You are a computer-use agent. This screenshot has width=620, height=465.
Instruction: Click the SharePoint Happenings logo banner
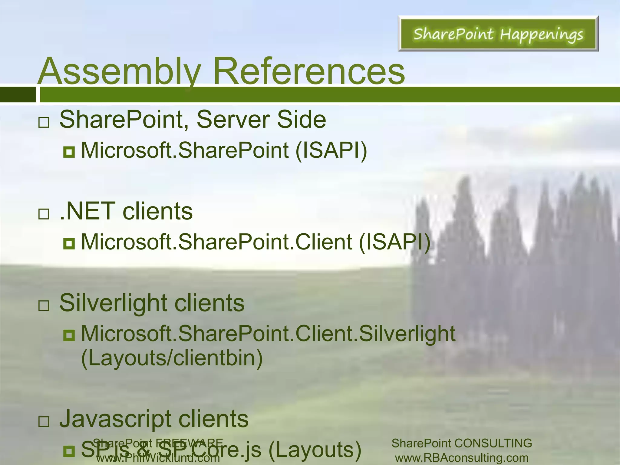[498, 34]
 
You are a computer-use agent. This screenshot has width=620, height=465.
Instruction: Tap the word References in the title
[309, 71]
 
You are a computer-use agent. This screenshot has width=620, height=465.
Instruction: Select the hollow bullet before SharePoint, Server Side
[44, 122]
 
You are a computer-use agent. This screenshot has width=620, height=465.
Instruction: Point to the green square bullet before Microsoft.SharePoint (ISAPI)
[69, 152]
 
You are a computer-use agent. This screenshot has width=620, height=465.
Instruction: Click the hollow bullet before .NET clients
[44, 214]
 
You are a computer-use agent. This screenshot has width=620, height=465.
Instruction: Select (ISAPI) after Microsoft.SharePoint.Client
[394, 242]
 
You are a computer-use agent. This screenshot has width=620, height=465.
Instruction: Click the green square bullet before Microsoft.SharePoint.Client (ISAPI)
[69, 243]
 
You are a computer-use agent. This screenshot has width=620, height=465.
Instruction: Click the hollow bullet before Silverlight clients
[44, 306]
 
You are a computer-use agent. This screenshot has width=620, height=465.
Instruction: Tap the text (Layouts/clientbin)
[172, 358]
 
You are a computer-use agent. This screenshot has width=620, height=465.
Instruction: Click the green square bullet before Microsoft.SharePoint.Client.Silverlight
[69, 335]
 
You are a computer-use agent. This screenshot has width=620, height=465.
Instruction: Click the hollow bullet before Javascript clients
[44, 421]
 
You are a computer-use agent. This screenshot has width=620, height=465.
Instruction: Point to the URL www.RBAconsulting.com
[462, 458]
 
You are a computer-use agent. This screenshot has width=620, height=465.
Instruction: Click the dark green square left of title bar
[18, 94]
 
